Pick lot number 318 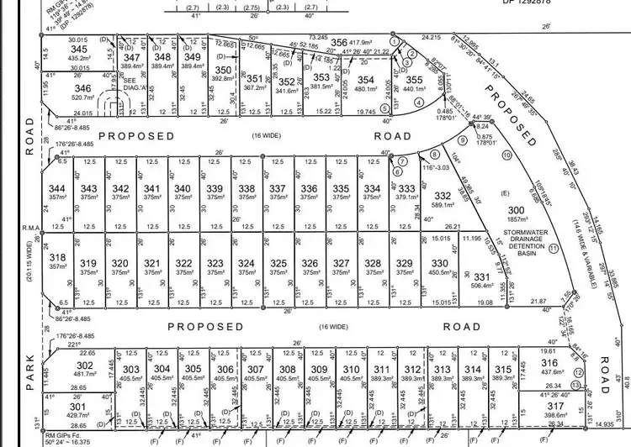point(57,257)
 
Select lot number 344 point(57,188)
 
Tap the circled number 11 point(553,248)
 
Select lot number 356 point(338,42)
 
